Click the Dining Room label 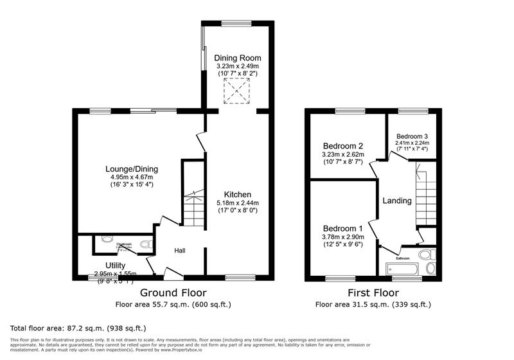(238, 57)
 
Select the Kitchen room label (237, 194)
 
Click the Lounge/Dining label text (132, 169)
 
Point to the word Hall (180, 250)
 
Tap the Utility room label (116, 265)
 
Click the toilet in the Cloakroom (145, 244)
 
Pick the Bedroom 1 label (342, 229)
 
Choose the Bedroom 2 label (343, 145)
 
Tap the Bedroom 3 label (412, 136)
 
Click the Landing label (397, 201)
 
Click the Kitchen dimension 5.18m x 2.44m (237, 203)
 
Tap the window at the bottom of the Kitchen (236, 278)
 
